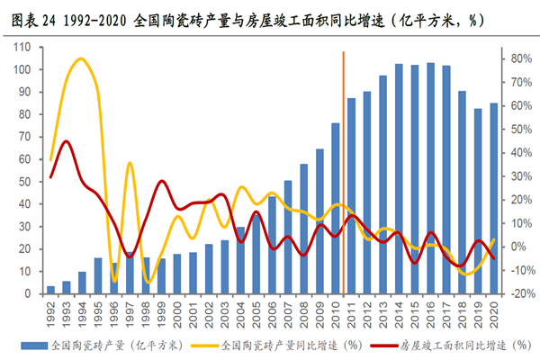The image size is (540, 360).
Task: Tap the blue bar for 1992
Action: click(50, 290)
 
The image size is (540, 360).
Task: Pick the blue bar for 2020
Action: click(493, 199)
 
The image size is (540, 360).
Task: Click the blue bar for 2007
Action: click(288, 238)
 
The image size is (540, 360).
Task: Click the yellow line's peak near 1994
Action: click(81, 59)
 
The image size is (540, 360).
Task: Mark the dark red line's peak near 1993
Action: click(66, 141)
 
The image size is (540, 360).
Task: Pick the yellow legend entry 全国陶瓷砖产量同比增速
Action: click(288, 344)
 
